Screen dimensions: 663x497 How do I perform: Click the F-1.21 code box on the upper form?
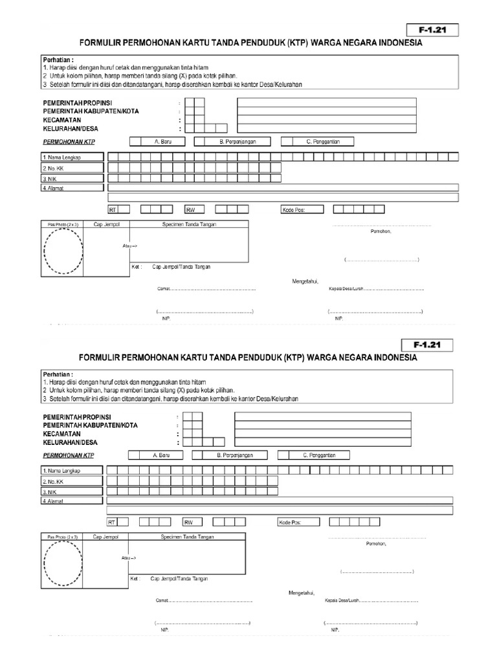432,29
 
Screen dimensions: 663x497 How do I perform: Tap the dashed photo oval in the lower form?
63,563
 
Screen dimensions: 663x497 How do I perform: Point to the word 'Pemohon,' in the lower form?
376,544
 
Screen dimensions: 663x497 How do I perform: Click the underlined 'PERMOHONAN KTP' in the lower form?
68,455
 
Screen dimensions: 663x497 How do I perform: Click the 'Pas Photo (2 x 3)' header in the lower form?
63,537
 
